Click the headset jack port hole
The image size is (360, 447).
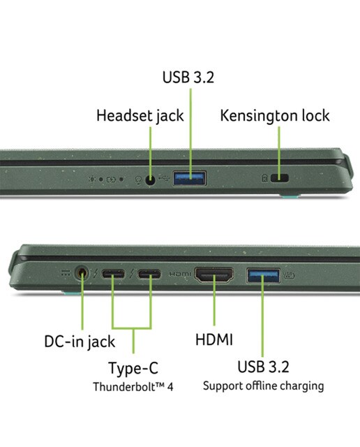click(150, 180)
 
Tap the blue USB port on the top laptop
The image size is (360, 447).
click(190, 179)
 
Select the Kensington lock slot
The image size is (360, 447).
click(279, 178)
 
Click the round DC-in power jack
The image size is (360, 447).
click(82, 273)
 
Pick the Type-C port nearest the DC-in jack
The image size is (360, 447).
click(113, 274)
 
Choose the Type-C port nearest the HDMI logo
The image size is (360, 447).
click(149, 274)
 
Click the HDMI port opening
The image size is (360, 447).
click(214, 274)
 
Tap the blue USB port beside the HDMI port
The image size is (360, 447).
click(263, 275)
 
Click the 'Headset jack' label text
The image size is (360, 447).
click(140, 116)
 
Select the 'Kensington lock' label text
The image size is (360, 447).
click(275, 116)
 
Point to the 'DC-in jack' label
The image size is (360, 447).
click(80, 342)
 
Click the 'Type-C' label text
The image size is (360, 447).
click(133, 368)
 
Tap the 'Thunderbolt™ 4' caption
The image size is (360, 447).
click(133, 387)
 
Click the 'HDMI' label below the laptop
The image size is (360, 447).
click(214, 339)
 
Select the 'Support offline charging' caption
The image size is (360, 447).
click(264, 386)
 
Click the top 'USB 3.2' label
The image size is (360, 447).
click(188, 77)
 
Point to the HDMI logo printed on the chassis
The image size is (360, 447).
click(180, 274)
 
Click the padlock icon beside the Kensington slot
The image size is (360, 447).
click(264, 178)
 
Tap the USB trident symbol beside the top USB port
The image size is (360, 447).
click(164, 179)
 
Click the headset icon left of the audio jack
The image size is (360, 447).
click(139, 180)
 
